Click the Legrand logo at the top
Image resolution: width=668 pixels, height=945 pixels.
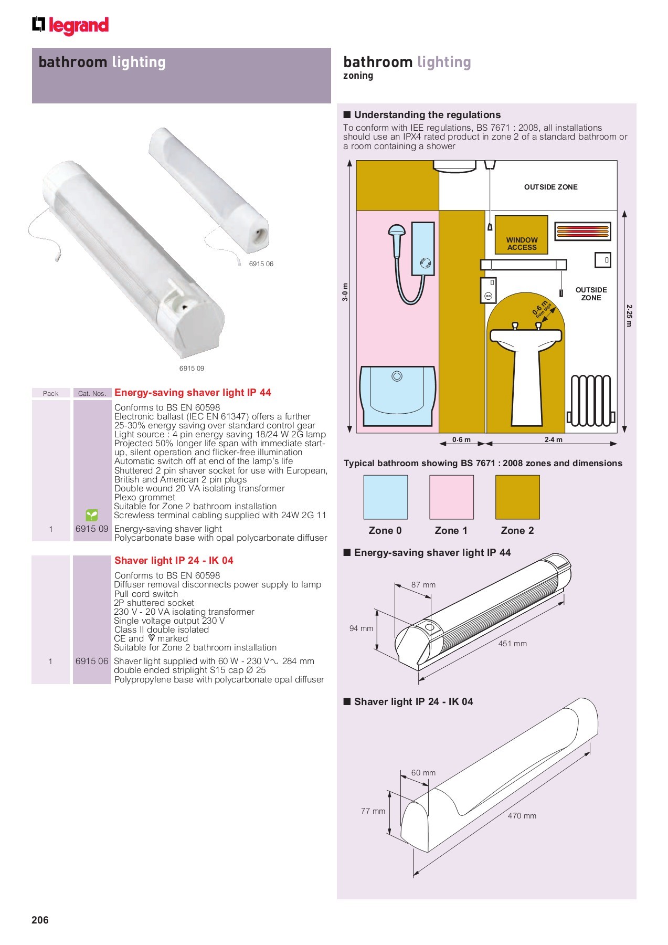tap(70, 26)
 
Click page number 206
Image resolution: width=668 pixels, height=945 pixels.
tap(40, 920)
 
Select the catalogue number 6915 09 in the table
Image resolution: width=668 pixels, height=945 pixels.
tap(92, 529)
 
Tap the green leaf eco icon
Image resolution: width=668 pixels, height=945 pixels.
tap(92, 515)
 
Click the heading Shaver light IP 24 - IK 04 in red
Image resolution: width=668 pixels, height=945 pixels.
tap(174, 560)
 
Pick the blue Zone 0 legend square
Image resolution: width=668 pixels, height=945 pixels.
tap(385, 497)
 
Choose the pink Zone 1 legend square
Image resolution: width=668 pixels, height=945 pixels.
tap(451, 497)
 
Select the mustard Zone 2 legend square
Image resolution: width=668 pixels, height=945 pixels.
tap(517, 497)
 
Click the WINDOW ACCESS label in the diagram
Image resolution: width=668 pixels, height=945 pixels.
tap(522, 244)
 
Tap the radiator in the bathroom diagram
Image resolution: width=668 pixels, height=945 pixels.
tap(591, 401)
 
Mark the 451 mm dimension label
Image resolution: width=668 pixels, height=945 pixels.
tap(512, 644)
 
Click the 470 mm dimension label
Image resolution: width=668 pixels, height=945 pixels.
tap(522, 816)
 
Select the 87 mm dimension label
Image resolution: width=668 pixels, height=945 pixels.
tap(423, 585)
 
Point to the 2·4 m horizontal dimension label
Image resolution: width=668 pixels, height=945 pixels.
tap(553, 440)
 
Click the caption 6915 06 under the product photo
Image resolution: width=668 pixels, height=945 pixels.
tap(261, 264)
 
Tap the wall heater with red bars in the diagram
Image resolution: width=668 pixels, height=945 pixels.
tap(582, 232)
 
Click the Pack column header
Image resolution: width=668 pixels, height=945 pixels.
tap(51, 393)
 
